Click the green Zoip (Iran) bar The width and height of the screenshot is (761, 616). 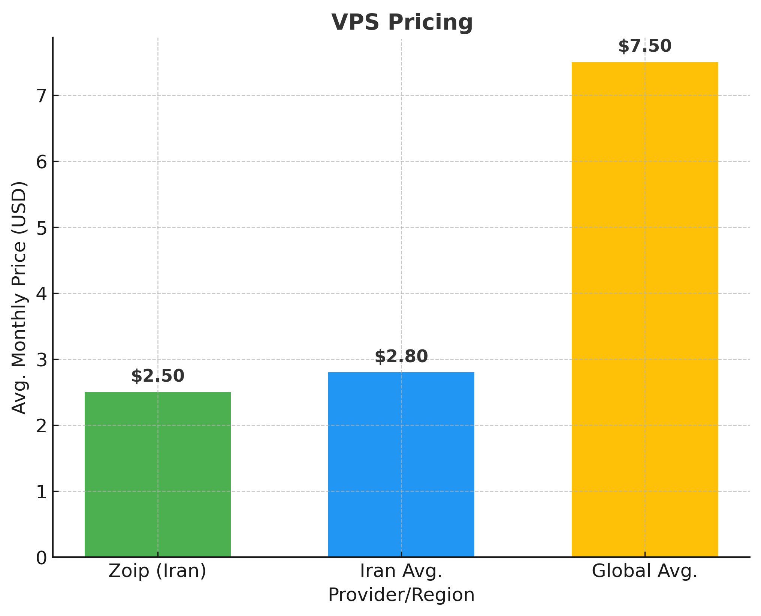pos(157,474)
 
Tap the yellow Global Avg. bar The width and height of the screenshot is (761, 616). pos(644,309)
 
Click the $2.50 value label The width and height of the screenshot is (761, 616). pos(158,376)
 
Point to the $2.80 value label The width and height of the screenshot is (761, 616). pos(401,356)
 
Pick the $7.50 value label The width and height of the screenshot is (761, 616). pos(644,46)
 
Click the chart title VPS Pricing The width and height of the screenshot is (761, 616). pos(402,22)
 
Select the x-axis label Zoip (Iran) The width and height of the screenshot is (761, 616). pos(157,571)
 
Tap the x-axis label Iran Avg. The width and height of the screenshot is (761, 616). pos(401,571)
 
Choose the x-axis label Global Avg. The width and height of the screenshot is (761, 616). pos(644,571)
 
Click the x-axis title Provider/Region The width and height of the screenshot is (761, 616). pos(401,595)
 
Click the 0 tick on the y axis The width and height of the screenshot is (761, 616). pos(42,558)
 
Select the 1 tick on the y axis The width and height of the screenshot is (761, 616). pos(42,492)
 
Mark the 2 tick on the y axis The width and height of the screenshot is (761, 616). pos(42,426)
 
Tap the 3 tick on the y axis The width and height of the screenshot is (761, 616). pos(42,360)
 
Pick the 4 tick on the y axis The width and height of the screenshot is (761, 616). pos(42,294)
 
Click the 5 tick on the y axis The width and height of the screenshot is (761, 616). pos(42,228)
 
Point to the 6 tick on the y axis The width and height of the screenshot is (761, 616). pos(42,162)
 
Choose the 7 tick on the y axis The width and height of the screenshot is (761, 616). pos(42,96)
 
